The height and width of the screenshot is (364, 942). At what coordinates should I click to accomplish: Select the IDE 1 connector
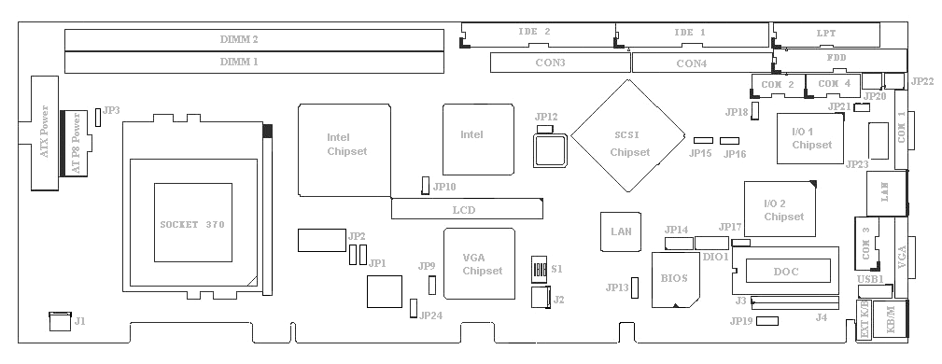[692, 35]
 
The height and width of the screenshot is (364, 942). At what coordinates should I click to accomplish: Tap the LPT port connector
[826, 35]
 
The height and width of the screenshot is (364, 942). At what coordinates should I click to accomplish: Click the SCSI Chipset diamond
[627, 135]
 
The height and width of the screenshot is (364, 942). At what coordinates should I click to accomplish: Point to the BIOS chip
[676, 279]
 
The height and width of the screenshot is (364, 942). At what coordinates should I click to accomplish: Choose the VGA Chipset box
[480, 264]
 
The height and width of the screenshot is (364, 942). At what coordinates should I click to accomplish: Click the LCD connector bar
[467, 209]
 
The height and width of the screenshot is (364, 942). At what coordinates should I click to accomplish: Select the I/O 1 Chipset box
[810, 138]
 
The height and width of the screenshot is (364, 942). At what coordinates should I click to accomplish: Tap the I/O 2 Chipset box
[780, 209]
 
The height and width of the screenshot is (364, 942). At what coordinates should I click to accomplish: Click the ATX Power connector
[45, 133]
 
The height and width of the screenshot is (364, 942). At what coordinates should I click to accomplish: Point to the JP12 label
[546, 117]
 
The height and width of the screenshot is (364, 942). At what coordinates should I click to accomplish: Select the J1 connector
[60, 321]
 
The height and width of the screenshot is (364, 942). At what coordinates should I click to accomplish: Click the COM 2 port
[778, 85]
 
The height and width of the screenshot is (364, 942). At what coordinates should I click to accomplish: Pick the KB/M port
[891, 318]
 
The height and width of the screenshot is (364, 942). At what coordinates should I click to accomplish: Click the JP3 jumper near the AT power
[98, 117]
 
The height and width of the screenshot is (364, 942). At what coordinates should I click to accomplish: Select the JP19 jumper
[767, 321]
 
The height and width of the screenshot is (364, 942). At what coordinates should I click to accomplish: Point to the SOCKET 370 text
[192, 225]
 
